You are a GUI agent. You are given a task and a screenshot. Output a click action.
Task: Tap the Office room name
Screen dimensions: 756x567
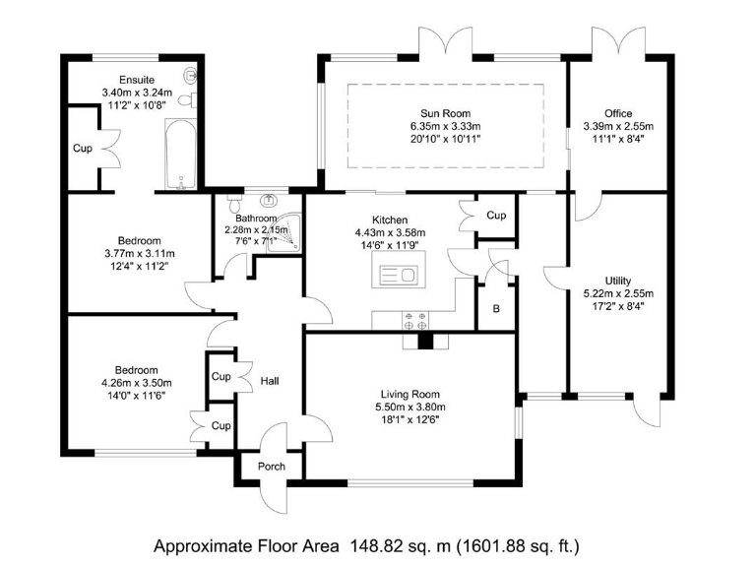pyautogui.click(x=619, y=113)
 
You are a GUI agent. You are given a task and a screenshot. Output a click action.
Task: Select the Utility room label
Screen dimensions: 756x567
pyautogui.click(x=619, y=281)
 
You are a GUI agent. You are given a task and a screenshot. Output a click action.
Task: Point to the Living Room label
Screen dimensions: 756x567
pyautogui.click(x=411, y=394)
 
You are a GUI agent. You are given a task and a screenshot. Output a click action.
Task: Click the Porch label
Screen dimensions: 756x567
pyautogui.click(x=272, y=467)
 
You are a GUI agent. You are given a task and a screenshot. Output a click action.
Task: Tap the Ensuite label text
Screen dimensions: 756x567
pyautogui.click(x=137, y=80)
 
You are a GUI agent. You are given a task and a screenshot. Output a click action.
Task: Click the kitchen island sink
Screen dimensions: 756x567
pyautogui.click(x=398, y=275)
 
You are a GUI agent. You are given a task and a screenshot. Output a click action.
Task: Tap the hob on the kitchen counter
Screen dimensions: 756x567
pyautogui.click(x=414, y=319)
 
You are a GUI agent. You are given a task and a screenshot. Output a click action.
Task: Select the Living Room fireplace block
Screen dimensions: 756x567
pyautogui.click(x=425, y=342)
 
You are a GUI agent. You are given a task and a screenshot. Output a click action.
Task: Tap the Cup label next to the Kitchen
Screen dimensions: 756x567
pyautogui.click(x=496, y=216)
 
